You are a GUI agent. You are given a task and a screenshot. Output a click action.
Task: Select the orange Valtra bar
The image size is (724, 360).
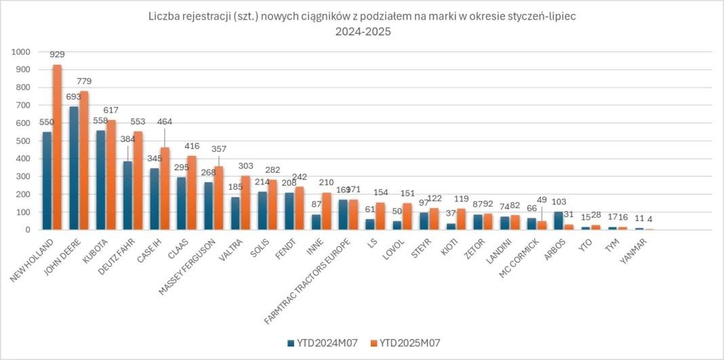click(x=245, y=203)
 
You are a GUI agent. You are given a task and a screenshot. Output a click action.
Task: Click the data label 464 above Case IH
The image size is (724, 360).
click(x=165, y=122)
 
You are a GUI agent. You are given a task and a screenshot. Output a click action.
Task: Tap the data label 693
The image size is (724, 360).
click(x=73, y=97)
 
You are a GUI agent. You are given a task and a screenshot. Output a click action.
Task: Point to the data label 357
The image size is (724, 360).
click(x=219, y=148)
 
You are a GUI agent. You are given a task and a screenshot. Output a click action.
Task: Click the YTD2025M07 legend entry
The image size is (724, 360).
click(x=405, y=343)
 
